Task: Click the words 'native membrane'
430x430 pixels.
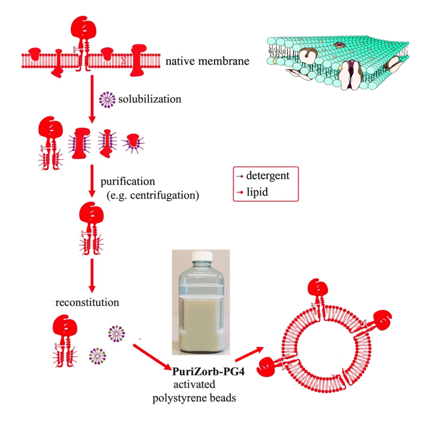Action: (x=207, y=62)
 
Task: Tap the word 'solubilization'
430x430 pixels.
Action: (x=149, y=100)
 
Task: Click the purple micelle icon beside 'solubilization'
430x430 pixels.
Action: (x=107, y=100)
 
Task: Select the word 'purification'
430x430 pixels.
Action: (x=128, y=182)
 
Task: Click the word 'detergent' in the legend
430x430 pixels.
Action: (x=268, y=176)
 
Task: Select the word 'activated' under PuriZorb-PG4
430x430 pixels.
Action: (x=194, y=385)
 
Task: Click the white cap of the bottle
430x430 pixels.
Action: (x=201, y=257)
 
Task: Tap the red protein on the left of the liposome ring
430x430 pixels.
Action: (x=269, y=368)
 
